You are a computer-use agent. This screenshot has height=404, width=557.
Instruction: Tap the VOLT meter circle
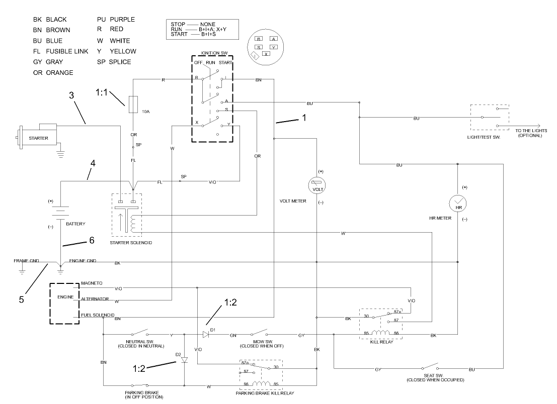tap(317, 185)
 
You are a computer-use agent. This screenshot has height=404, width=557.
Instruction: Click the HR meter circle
tap(457, 204)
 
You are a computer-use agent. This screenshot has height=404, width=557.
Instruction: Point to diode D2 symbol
tap(184, 360)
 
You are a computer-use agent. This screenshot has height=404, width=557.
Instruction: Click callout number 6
tap(92, 241)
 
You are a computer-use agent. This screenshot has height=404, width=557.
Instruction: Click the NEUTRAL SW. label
tap(135, 343)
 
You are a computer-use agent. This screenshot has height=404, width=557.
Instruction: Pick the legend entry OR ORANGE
tap(53, 73)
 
